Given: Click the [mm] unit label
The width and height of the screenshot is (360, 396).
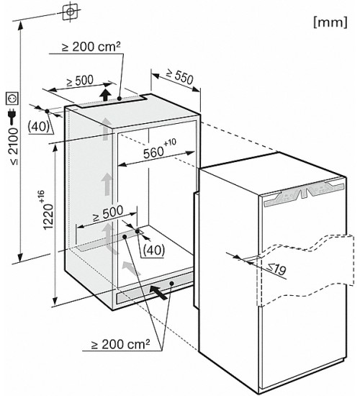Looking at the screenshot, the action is point(330,22).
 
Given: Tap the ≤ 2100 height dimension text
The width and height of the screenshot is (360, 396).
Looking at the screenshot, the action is point(14,146).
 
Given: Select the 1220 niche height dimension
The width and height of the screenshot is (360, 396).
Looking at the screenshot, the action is point(48,216).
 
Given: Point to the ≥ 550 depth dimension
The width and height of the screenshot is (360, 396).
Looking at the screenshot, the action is point(180,76).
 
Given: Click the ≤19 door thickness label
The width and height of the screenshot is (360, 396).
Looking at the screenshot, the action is point(277,269).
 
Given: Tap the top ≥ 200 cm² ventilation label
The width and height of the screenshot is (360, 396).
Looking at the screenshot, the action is point(91,47).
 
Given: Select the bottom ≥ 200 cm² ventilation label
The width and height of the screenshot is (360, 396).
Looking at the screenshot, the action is point(120,344).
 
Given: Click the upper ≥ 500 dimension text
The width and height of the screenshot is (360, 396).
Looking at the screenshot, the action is point(80,81).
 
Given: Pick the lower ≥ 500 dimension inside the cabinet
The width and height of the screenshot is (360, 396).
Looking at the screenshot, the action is point(108,214).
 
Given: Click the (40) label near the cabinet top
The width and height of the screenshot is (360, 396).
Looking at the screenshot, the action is point(38,126).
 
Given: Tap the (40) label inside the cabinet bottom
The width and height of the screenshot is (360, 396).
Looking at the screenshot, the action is point(154,250).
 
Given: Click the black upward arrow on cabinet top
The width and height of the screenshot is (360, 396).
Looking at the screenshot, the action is point(106,95).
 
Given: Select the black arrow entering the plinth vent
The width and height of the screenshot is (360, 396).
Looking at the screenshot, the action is point(158,292).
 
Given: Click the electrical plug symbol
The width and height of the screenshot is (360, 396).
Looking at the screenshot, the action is point(12,117).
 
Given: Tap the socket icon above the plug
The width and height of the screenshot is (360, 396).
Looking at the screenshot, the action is point(12,99).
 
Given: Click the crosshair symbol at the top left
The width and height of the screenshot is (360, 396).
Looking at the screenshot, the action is point(70,12).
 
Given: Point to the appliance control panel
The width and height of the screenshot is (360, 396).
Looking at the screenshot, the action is point(304,193).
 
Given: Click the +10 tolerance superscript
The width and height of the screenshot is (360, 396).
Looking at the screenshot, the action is point(170,142).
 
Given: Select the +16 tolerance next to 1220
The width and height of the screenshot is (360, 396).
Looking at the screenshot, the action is point(41,197).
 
